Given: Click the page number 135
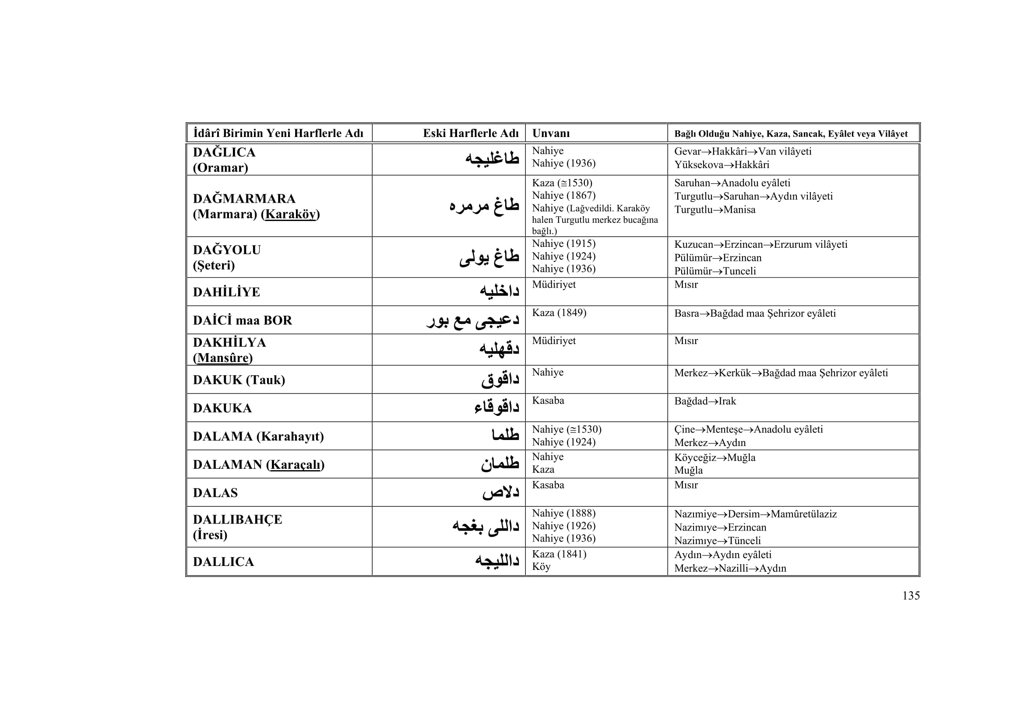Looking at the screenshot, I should tap(911, 596).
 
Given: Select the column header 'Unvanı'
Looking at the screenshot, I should tap(551, 134).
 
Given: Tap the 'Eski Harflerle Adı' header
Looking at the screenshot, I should tap(471, 134).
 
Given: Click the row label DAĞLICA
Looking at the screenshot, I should tap(224, 152).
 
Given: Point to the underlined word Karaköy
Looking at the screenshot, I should tap(290, 214).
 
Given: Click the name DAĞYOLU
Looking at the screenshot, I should tap(227, 250).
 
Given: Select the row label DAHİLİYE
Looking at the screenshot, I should tap(226, 292).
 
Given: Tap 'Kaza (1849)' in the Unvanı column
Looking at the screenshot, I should tap(559, 313).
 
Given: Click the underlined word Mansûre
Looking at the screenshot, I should tap(222, 358).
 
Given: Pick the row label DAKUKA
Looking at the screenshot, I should tap(222, 408).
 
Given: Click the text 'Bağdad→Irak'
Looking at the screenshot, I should tap(705, 401).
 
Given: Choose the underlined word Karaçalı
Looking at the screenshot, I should tap(295, 465).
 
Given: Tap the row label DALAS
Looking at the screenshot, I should tap(215, 493).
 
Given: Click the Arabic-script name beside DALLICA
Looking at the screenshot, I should tap(497, 561).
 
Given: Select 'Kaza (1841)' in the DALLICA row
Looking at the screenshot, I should tap(559, 554).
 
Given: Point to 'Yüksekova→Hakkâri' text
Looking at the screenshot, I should tap(721, 165).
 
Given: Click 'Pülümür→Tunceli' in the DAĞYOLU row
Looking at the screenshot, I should tap(714, 271).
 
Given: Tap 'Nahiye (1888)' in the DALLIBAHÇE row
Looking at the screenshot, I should tap(563, 513).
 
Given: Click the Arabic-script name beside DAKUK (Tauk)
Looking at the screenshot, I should tap(500, 380).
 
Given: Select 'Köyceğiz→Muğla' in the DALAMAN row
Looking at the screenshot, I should tap(714, 457).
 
